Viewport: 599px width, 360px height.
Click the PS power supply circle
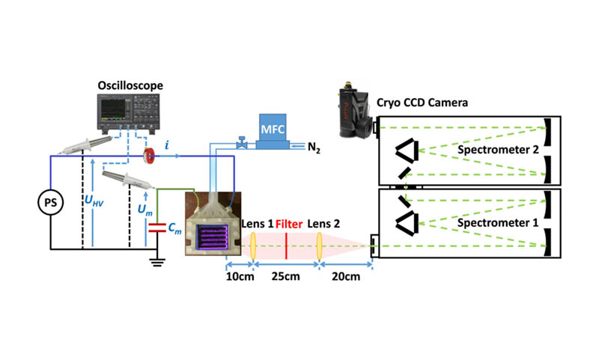click(50, 201)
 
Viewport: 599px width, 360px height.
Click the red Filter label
click(288, 225)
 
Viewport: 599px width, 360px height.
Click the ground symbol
click(156, 261)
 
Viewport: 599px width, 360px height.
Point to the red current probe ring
click(150, 156)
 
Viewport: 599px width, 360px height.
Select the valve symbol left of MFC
click(241, 141)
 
